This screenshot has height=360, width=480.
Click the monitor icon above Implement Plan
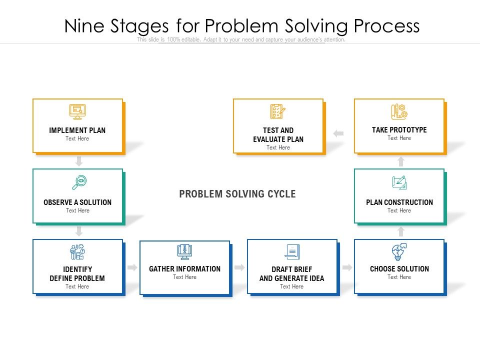click(77, 111)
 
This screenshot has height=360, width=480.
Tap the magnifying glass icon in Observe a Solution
click(79, 182)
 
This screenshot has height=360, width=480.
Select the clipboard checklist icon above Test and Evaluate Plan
click(278, 111)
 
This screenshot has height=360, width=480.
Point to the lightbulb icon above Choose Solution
click(399, 251)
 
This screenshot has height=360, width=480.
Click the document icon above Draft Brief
click(292, 252)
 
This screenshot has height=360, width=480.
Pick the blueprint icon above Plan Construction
click(399, 182)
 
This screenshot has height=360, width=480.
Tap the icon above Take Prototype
click(399, 111)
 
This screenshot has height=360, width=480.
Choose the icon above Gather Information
click(184, 252)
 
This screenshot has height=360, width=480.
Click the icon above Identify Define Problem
click(77, 252)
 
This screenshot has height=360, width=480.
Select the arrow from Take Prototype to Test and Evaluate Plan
click(338, 133)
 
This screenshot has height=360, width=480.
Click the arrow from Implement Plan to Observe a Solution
click(79, 161)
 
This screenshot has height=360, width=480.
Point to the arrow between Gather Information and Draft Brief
click(239, 267)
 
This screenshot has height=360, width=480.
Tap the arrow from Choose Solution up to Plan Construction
click(400, 231)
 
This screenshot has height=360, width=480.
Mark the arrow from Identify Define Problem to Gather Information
click(132, 267)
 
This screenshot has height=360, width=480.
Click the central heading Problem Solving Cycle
click(237, 194)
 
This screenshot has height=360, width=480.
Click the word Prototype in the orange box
click(408, 130)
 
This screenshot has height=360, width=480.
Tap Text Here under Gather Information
click(184, 277)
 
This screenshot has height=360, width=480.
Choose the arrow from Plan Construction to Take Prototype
click(400, 161)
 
